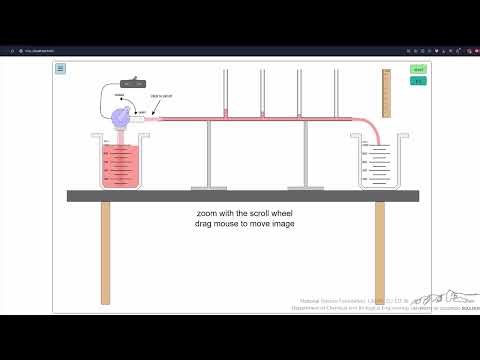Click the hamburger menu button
[60, 69]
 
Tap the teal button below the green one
[418, 82]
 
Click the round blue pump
[121, 117]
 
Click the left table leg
[105, 252]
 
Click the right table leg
[380, 252]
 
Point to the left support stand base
[209, 186]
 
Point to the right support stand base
[306, 186]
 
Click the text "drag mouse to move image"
[238, 224]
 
